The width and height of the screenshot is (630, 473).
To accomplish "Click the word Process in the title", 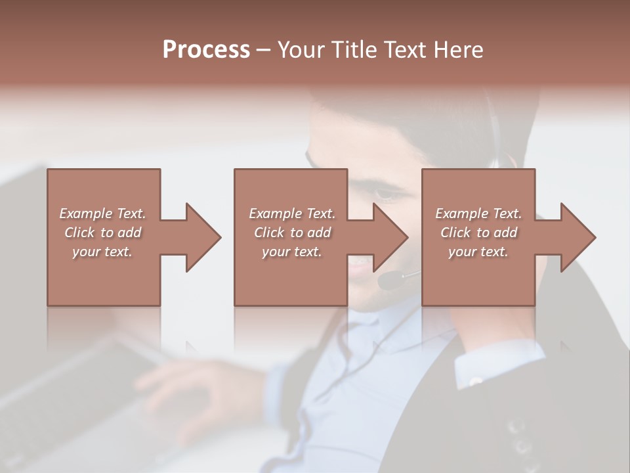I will point(206,50).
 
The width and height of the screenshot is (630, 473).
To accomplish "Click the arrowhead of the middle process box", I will point(390,237).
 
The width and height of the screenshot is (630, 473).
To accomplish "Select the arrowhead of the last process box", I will point(577,237).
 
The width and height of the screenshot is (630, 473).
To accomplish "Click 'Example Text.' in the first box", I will point(102,214).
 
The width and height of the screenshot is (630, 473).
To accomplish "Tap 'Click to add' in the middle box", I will point(292,233).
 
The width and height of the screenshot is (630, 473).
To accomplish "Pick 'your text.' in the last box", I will point(478,252).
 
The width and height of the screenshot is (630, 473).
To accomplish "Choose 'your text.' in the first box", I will point(102,252).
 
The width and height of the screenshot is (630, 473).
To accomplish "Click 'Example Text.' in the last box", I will point(478,214).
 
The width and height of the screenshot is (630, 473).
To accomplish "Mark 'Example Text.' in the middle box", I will point(292,214).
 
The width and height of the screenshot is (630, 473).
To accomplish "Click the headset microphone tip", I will point(387,281).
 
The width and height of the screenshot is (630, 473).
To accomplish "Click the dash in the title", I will point(264,51).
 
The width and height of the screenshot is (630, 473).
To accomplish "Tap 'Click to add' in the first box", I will point(102,233).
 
